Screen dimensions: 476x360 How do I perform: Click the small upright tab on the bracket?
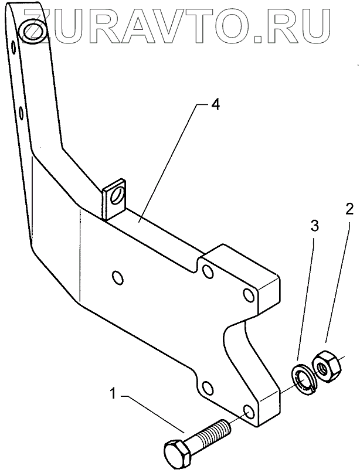[116, 199]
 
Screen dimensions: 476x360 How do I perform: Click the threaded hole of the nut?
[322, 368]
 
